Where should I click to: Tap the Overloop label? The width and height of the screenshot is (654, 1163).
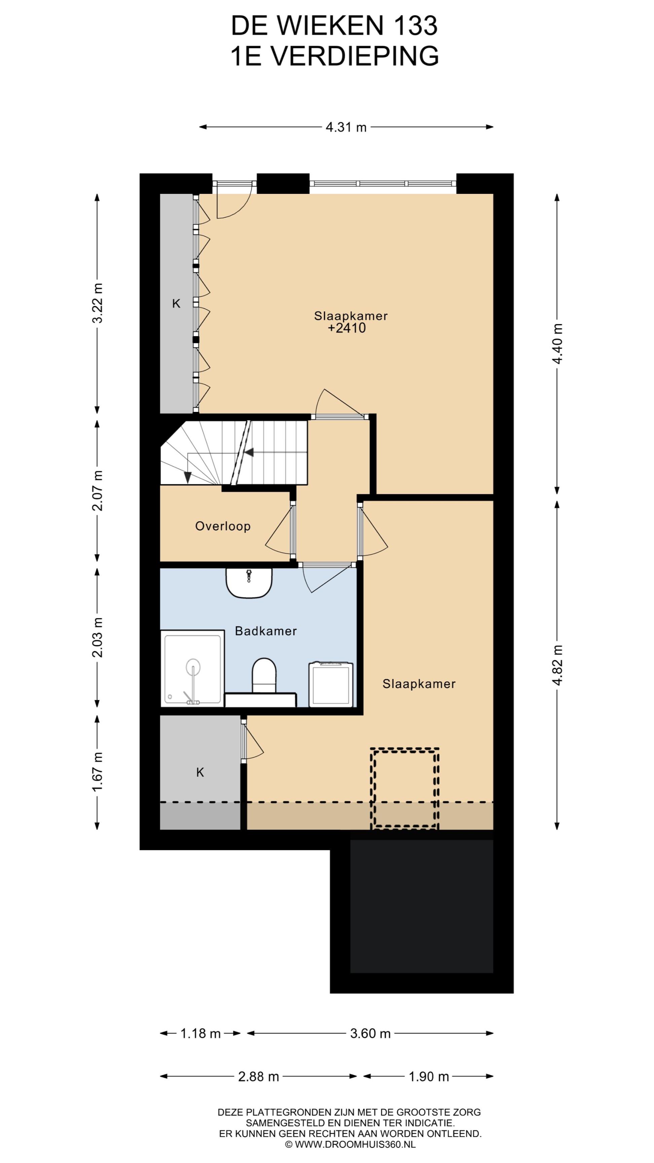(222, 526)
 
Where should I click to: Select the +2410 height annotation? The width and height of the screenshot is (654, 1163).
(347, 328)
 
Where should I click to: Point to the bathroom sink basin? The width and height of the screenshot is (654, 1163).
(249, 583)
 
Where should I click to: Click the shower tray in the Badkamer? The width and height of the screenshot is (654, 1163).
(193, 669)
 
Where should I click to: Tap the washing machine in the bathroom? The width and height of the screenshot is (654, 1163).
(331, 684)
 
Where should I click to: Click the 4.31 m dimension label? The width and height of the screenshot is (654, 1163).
(346, 127)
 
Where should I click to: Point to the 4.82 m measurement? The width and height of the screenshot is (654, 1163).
(557, 665)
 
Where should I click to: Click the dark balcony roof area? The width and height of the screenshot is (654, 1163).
(422, 906)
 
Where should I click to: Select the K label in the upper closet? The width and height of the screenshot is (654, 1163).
(176, 304)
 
